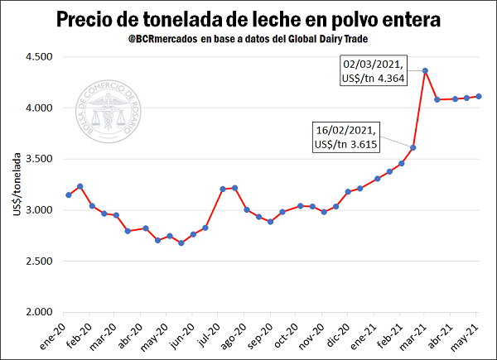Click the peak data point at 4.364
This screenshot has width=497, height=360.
click(x=425, y=71)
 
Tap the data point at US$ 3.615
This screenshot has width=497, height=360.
click(x=413, y=147)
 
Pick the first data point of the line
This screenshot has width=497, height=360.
click(x=68, y=194)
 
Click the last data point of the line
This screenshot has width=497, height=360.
click(x=479, y=97)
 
